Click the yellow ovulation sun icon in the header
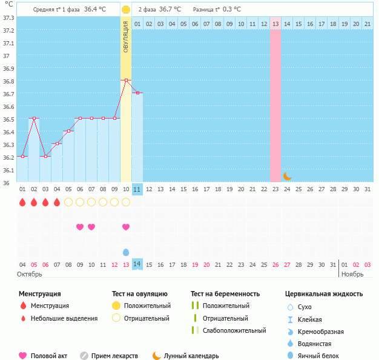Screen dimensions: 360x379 coord(125,10)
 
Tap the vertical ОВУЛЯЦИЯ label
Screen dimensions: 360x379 coord(125,37)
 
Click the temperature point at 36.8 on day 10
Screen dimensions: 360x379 coord(126,80)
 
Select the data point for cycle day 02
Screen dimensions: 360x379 coord(34,119)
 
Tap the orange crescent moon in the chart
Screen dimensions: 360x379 coord(288,176)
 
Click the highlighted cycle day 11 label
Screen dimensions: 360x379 coord(137,189)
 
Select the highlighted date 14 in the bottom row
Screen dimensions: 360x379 coord(137,264)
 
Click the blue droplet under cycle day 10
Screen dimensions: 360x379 coord(126,252)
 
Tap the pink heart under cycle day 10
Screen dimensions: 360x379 coord(126,227)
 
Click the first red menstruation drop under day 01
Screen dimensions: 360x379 coord(22,202)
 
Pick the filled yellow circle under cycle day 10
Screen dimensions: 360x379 coord(126,202)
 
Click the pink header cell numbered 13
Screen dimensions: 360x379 coord(275,24)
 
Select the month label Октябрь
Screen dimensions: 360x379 coord(28,274)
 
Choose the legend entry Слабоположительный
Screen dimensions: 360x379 coord(234,330)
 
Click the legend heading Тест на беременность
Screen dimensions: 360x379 coord(225,293)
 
